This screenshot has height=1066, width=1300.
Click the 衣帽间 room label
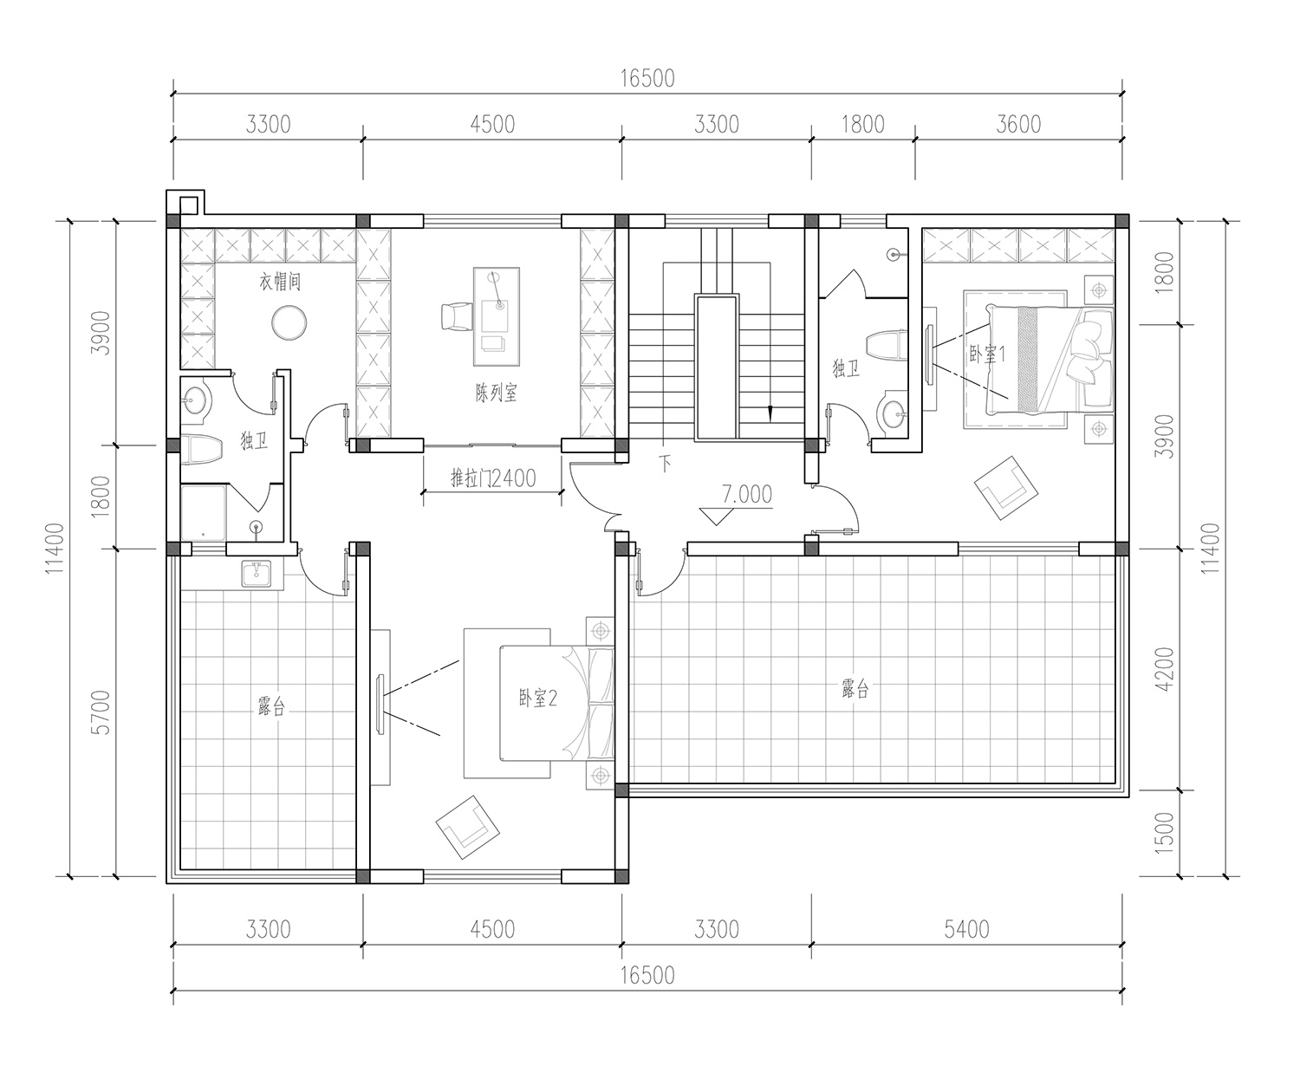tap(280, 282)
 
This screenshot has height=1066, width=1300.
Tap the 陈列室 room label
tap(497, 392)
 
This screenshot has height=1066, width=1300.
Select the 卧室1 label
tap(987, 354)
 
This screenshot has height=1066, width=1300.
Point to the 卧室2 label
tap(538, 699)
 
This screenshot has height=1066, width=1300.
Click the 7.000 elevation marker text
tap(747, 494)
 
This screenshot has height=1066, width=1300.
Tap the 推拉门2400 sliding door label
tap(493, 478)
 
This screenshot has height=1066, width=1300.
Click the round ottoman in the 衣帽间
tap(289, 322)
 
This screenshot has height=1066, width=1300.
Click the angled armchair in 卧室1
tap(1006, 488)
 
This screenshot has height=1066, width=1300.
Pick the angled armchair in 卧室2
tap(467, 827)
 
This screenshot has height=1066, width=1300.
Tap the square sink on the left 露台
tap(256, 574)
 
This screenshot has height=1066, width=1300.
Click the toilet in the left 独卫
tap(202, 451)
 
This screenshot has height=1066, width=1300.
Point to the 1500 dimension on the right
tap(1165, 833)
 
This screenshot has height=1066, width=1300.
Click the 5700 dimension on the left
tap(101, 712)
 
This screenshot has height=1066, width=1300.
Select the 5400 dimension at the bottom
tap(966, 929)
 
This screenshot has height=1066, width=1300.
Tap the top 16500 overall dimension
tap(647, 78)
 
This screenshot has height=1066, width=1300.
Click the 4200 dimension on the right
tap(1165, 669)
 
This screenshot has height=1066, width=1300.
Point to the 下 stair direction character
tap(665, 463)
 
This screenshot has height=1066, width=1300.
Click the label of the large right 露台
tap(855, 688)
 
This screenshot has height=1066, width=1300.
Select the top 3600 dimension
tap(1018, 125)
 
